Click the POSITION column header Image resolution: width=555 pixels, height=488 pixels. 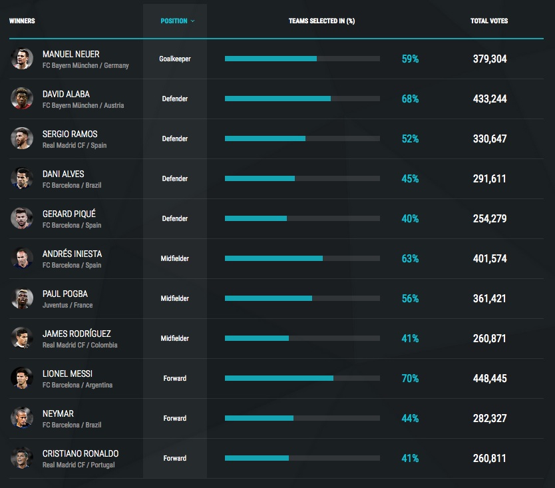[177, 21]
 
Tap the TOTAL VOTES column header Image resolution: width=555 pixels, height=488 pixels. [489, 21]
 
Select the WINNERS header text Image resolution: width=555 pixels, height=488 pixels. [22, 21]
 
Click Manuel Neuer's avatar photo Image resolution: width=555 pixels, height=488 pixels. [22, 59]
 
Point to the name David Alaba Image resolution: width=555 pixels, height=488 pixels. [66, 94]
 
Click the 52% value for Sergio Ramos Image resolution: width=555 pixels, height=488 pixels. [410, 138]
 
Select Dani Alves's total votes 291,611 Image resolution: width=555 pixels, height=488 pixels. [489, 178]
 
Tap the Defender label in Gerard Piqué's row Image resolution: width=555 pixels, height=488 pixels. [175, 218]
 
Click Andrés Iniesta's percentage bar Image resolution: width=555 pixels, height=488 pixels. [302, 258]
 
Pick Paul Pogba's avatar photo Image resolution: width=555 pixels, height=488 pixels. [22, 298]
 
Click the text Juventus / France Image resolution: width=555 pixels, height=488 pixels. [67, 305]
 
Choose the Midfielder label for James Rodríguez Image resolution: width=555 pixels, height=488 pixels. [175, 338]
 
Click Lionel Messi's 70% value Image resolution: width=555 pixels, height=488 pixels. [410, 378]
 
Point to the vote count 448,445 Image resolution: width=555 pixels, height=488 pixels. [489, 378]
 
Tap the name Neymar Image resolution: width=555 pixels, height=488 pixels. [58, 413]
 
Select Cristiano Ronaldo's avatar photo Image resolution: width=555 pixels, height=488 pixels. [22, 458]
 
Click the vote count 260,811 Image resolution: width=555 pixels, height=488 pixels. [489, 458]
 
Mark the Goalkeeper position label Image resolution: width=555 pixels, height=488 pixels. [175, 59]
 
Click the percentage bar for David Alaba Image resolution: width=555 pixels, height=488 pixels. [302, 99]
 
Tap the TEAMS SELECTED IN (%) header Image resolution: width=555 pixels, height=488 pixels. [321, 21]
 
